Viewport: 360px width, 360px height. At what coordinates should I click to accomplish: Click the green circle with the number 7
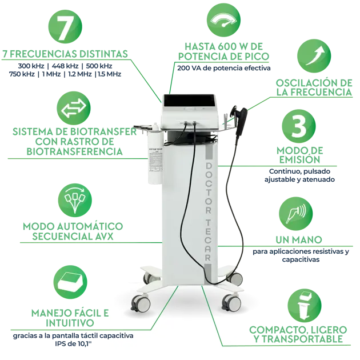coord(65,27)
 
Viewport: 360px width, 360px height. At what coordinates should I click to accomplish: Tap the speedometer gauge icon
coord(223,20)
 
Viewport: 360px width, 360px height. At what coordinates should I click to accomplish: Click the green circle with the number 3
coord(299,126)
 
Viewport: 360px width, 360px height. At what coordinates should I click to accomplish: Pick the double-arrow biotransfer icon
coord(74,108)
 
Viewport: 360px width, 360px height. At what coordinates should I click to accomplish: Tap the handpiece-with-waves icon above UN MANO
coord(296,214)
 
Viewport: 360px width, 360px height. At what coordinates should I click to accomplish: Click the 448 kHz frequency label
coord(65,66)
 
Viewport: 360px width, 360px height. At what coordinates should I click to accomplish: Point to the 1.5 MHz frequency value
coord(110,74)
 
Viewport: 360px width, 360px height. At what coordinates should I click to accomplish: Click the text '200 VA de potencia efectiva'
coord(224,68)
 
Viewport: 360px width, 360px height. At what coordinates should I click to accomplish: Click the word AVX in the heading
coord(102,236)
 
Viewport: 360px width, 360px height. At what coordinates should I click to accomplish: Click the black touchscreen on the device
coord(189,101)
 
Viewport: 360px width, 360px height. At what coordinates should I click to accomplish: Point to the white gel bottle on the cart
coord(155,153)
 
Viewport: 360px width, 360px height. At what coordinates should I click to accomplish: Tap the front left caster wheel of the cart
coord(141,303)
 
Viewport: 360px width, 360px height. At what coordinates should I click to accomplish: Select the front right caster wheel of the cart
coord(231,302)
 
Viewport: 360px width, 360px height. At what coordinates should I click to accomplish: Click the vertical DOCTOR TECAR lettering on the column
coord(208,212)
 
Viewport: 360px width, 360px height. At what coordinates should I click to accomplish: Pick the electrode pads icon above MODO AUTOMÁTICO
coord(75,200)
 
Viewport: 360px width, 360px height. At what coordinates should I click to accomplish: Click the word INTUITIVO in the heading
coord(70,323)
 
